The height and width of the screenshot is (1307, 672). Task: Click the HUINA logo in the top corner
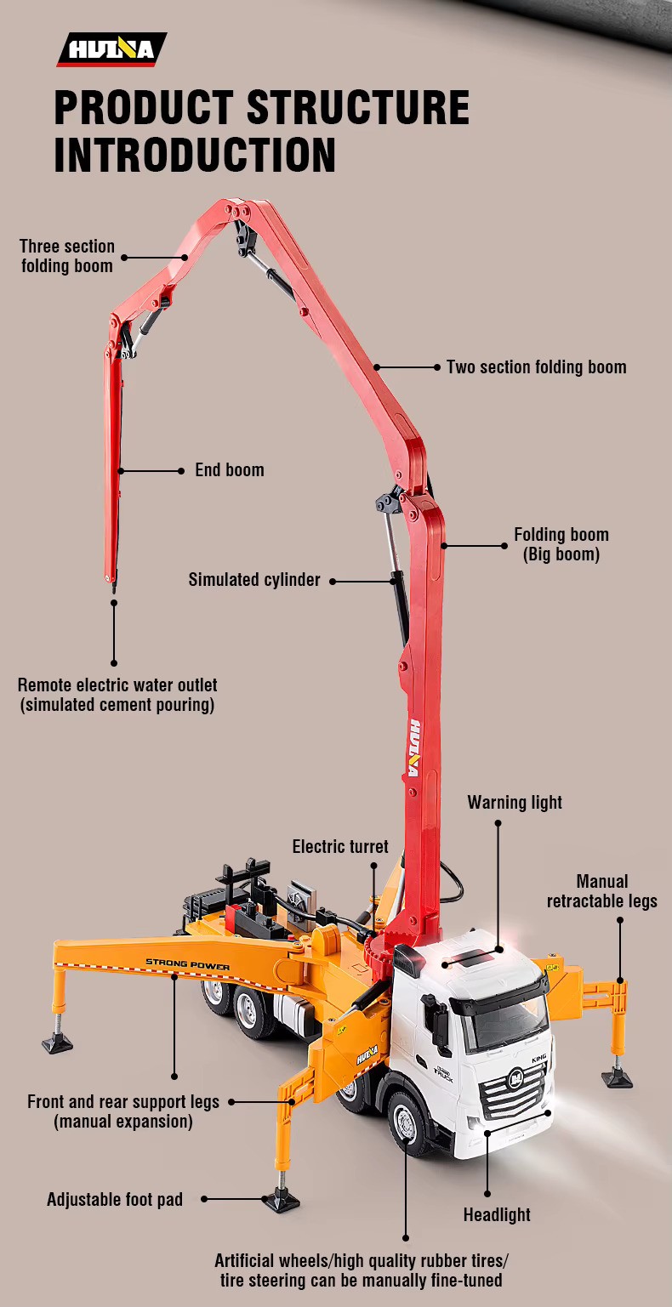[111, 49]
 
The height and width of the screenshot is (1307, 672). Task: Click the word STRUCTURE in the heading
[358, 107]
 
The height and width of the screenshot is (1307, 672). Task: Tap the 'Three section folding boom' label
[67, 256]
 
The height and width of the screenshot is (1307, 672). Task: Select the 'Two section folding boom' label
[537, 367]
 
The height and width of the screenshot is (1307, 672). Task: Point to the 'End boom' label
[230, 470]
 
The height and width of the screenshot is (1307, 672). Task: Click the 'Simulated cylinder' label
[254, 580]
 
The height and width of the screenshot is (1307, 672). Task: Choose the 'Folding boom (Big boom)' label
[561, 544]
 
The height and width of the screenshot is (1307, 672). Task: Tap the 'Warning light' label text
[515, 802]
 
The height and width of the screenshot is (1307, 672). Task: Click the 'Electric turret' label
[340, 847]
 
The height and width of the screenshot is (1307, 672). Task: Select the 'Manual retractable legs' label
[602, 891]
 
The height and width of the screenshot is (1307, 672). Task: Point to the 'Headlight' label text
[497, 1215]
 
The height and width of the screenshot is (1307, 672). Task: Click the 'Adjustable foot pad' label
[115, 1200]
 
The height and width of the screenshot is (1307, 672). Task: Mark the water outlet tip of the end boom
[113, 588]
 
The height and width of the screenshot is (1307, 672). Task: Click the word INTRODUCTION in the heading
[195, 155]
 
